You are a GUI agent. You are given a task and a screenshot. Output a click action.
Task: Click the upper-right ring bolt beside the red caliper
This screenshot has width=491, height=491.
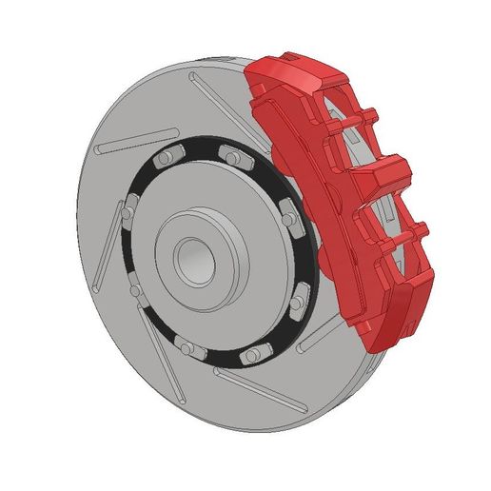[x=287, y=211]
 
